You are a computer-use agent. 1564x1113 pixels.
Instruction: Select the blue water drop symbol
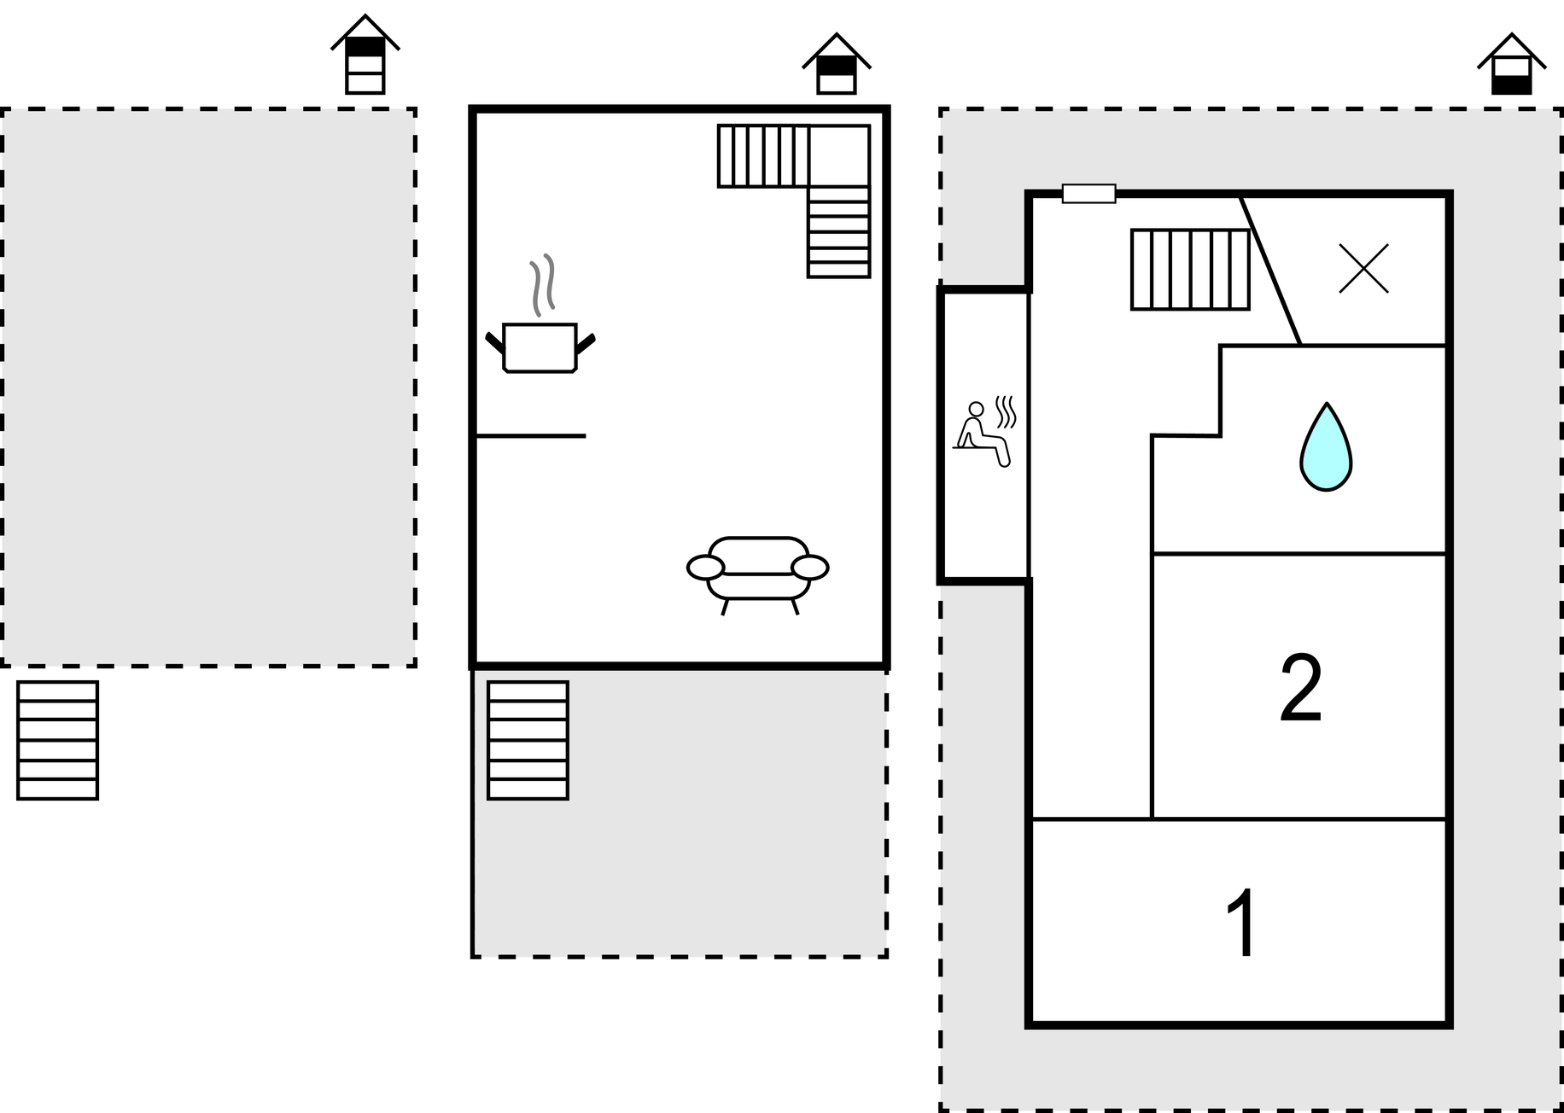(x=1326, y=446)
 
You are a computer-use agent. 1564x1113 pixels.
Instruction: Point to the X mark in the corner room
(x=1363, y=268)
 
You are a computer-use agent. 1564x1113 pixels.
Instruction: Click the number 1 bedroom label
(x=1241, y=924)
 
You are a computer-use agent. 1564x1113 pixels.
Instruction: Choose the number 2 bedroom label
(x=1301, y=689)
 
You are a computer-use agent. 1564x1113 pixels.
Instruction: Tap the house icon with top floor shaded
(x=837, y=63)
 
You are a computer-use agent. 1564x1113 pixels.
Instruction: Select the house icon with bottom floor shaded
(x=1512, y=63)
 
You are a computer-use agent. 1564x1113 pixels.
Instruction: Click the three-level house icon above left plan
(x=365, y=54)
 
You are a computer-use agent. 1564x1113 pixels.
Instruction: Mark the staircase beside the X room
(x=1190, y=269)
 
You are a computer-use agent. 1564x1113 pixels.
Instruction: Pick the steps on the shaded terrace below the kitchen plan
(x=528, y=740)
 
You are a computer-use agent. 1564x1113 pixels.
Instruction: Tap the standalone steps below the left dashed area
(x=58, y=740)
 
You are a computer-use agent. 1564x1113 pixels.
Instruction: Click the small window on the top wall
(x=1088, y=194)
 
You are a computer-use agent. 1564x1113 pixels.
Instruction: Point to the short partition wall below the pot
(x=530, y=436)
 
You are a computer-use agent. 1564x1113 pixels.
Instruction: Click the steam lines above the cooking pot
(x=543, y=284)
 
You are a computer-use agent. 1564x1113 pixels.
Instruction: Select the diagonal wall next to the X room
(x=1270, y=271)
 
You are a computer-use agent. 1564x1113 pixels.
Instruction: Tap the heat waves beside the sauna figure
(x=1007, y=411)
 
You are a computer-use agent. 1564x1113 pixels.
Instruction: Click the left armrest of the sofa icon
(x=706, y=567)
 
